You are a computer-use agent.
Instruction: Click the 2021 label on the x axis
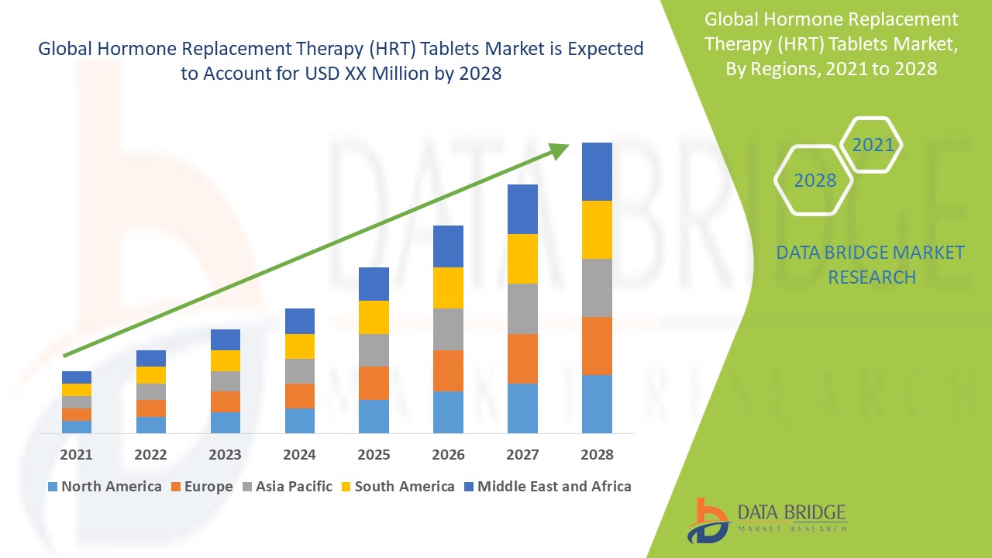coord(76,454)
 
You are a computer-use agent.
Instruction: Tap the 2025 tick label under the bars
coord(374,454)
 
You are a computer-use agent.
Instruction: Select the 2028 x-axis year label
coord(597,454)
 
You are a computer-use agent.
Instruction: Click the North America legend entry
coord(105,487)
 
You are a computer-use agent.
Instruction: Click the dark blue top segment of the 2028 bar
coord(597,171)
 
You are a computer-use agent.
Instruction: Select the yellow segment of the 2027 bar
coord(522,258)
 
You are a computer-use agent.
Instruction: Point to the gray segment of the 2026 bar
coord(448,329)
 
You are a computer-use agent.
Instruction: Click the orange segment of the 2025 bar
coord(374,383)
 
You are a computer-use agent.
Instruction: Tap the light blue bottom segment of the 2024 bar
coord(299,420)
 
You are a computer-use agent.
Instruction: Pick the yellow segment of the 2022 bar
coord(150,375)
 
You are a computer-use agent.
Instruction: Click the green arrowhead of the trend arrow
coord(558,150)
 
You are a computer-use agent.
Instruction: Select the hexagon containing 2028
coord(814,180)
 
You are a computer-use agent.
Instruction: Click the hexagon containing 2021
coord(872,145)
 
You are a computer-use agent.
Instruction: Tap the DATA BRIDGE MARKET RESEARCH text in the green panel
coord(871,264)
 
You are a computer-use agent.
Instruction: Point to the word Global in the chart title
coord(69,49)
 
